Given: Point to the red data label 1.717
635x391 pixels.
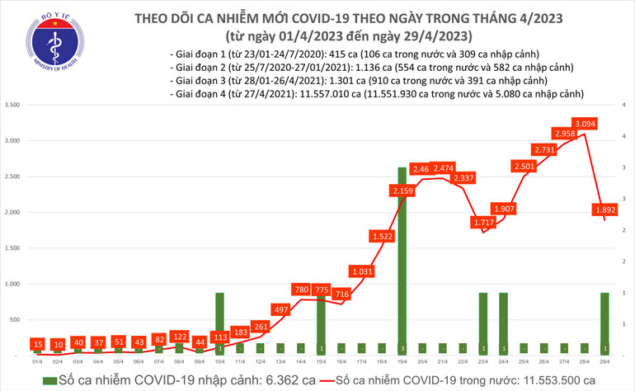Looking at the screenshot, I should pyautogui.click(x=483, y=223).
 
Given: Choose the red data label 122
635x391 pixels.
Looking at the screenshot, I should pyautogui.click(x=179, y=337).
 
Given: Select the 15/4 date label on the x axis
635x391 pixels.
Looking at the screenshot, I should pyautogui.click(x=321, y=361).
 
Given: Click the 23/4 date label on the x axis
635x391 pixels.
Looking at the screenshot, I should pyautogui.click(x=483, y=361).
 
